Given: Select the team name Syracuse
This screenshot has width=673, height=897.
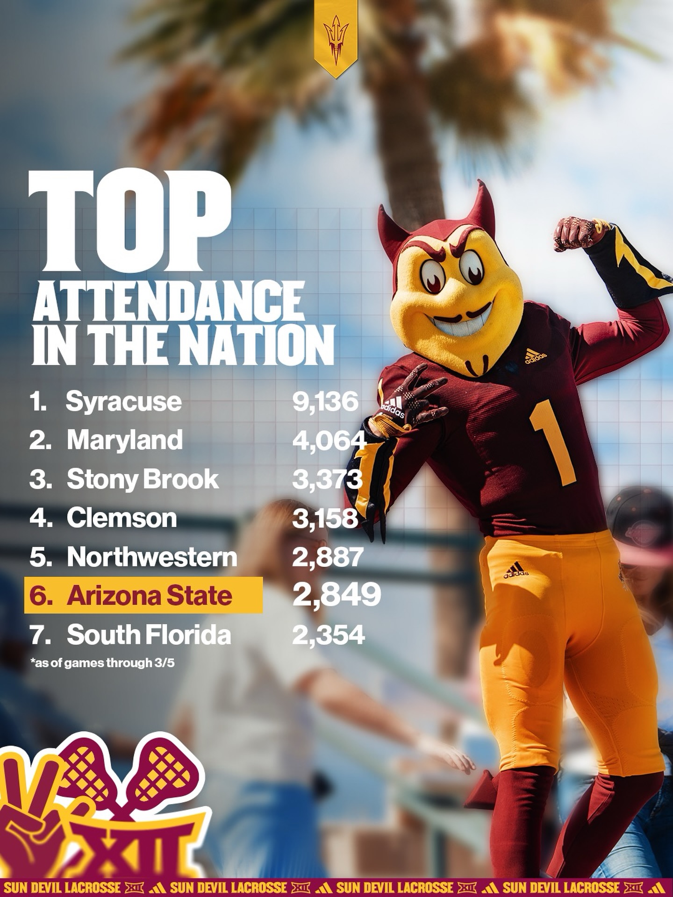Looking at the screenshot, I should pos(124,402).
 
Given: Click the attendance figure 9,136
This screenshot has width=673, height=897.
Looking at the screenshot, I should pos(325,402).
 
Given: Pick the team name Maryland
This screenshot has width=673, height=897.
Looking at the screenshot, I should pos(124,440).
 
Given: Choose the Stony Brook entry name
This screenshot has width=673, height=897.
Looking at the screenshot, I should pos(143,479).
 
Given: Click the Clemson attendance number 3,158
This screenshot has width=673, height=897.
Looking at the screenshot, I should pos(325,518).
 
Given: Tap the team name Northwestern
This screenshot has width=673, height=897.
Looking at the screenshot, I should pos(152,557).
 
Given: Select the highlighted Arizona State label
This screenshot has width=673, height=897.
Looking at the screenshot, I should pos(149,596).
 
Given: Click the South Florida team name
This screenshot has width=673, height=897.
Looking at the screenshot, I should pos(149,635).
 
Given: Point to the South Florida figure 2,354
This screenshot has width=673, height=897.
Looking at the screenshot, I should pos(328,635).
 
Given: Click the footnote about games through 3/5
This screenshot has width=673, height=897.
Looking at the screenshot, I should pos(105,662).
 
